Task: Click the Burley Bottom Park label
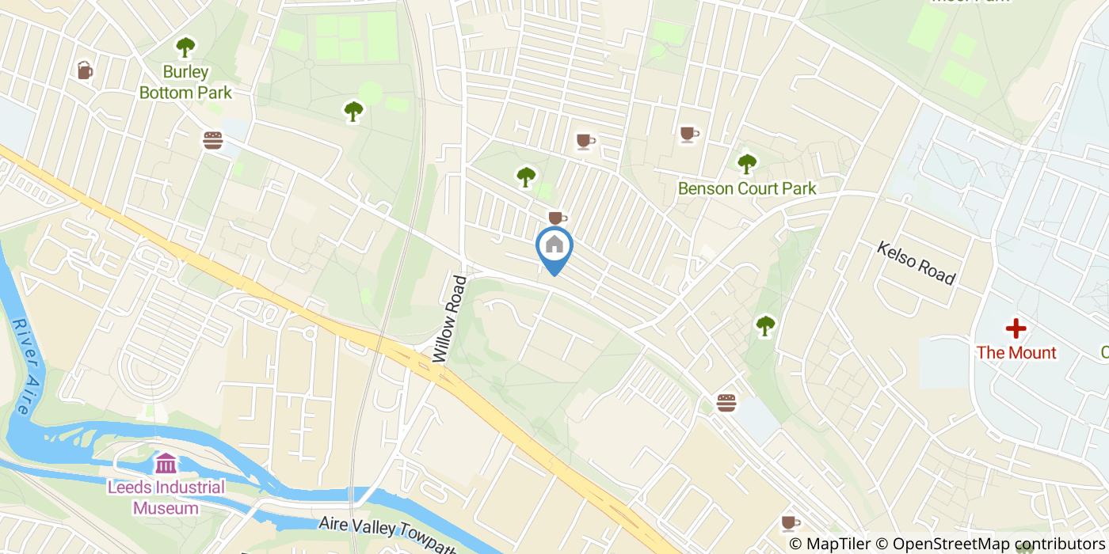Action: (185, 82)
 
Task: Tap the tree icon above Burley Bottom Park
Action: (185, 47)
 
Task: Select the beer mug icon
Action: (85, 70)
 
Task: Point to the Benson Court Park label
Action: (747, 189)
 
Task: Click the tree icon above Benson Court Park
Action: (747, 164)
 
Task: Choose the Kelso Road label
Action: (916, 264)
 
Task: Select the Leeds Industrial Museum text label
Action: (166, 497)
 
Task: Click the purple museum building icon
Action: (166, 463)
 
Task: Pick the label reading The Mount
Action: (1016, 352)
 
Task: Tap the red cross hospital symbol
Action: (1016, 328)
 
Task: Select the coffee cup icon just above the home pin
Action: (558, 217)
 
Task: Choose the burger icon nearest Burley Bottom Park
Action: (212, 140)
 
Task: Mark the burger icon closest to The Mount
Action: (726, 402)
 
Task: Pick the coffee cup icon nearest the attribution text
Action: (790, 522)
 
